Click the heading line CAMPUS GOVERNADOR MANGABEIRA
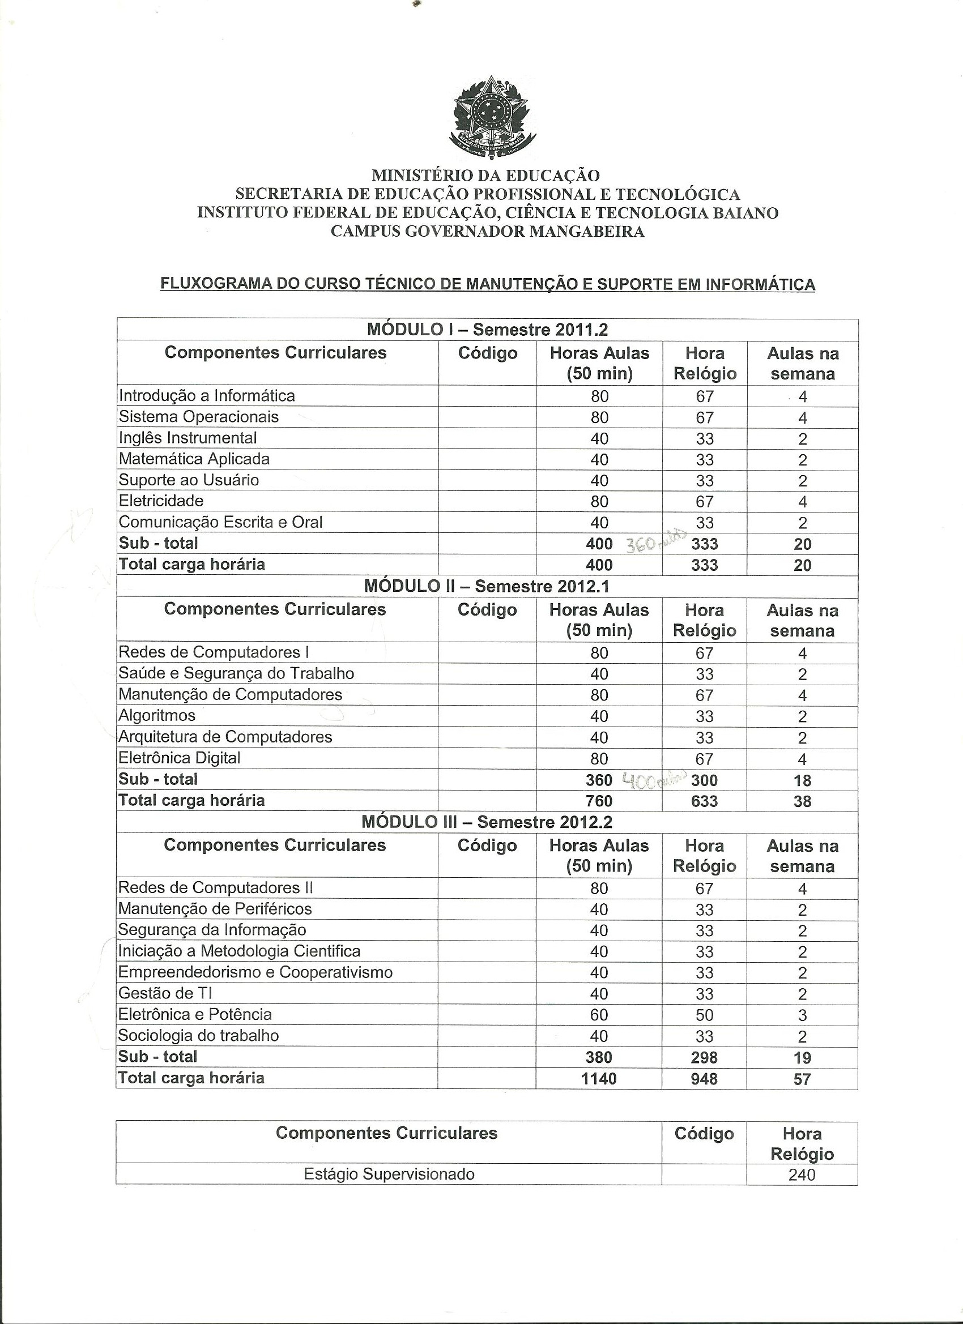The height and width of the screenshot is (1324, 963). [x=488, y=232]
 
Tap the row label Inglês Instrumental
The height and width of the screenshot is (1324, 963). [x=188, y=438]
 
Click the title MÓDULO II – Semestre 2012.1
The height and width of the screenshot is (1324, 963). [x=487, y=586]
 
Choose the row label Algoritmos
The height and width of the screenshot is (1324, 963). [x=156, y=715]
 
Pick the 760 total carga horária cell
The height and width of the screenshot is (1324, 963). [x=599, y=801]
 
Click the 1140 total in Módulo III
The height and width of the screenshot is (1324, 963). [x=599, y=1078]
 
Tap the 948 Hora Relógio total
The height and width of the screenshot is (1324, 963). [x=704, y=1078]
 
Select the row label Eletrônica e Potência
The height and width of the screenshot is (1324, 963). [x=194, y=1014]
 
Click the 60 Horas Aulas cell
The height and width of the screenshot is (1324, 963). [x=599, y=1015]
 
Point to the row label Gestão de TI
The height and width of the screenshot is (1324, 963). [x=165, y=993]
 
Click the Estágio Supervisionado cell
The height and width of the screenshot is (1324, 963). [x=389, y=1174]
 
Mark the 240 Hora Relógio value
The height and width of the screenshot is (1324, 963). [x=801, y=1174]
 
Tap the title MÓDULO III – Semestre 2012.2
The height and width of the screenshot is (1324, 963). [x=487, y=822]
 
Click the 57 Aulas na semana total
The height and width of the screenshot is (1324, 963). [x=802, y=1079]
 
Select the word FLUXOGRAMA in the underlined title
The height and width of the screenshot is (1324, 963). [x=207, y=284]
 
